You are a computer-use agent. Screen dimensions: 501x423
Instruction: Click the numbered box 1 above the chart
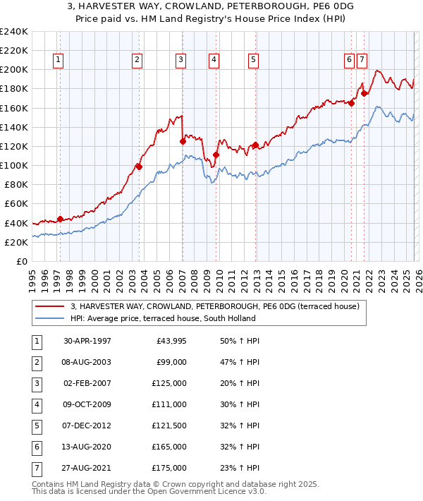point(57,61)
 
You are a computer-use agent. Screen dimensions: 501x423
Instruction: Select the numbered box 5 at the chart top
point(252,61)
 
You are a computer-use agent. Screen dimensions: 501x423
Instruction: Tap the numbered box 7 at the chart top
point(362,61)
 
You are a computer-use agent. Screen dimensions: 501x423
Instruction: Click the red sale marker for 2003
point(139,167)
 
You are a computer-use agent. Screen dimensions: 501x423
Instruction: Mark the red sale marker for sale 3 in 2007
point(183,141)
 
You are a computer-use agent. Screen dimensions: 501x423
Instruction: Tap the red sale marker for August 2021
point(364,93)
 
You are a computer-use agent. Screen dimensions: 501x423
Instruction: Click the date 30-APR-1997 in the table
point(87,341)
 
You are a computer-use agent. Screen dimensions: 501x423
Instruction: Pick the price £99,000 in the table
point(172,363)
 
